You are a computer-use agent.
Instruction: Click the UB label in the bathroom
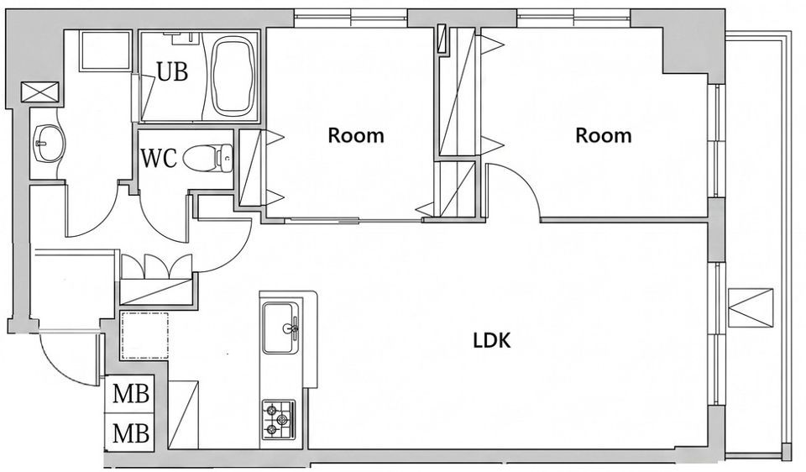[172, 72]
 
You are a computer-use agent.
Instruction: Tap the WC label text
[159, 159]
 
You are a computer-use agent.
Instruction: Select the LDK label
[492, 341]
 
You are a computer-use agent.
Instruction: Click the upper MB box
[131, 394]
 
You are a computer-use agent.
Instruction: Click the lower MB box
[131, 433]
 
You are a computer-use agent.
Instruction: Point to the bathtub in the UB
[234, 76]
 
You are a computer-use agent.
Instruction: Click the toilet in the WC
[207, 158]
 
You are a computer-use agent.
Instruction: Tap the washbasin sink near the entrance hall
[47, 144]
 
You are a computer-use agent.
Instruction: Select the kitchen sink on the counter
[280, 328]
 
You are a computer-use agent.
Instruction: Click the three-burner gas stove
[279, 420]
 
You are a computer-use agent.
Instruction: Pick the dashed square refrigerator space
[144, 335]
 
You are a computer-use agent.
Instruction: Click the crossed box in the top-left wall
[40, 92]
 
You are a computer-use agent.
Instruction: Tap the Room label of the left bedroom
[356, 136]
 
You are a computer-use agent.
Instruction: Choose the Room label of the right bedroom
[603, 135]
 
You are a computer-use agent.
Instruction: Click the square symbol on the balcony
[751, 308]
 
